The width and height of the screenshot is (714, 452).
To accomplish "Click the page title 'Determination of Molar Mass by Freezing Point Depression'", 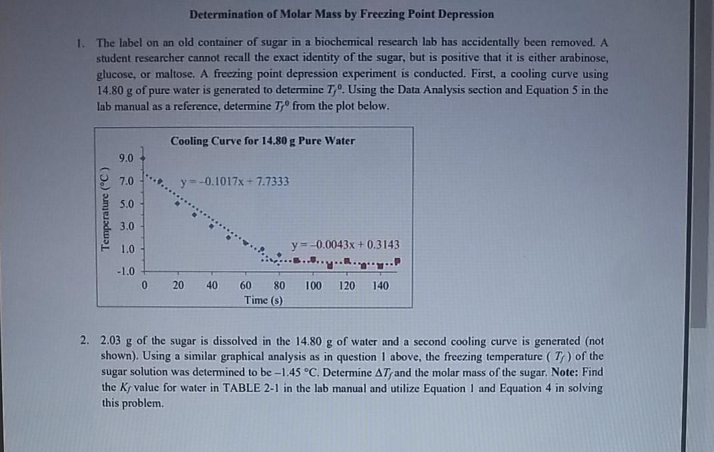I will coord(341,14).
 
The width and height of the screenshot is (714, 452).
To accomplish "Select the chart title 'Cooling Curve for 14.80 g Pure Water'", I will coord(262,141).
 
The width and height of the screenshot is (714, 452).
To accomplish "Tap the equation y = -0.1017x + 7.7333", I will coord(235,181).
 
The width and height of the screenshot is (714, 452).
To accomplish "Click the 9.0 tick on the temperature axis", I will coord(125,159).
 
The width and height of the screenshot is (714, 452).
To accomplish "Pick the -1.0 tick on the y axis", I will coord(125,271).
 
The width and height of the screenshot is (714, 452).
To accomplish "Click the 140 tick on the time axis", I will coord(380,286).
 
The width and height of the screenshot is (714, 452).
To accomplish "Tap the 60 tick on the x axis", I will coord(246,286).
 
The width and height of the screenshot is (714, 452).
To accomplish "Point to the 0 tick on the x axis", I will coord(145,286).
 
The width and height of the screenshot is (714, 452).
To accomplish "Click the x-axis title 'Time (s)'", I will coord(263,300).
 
